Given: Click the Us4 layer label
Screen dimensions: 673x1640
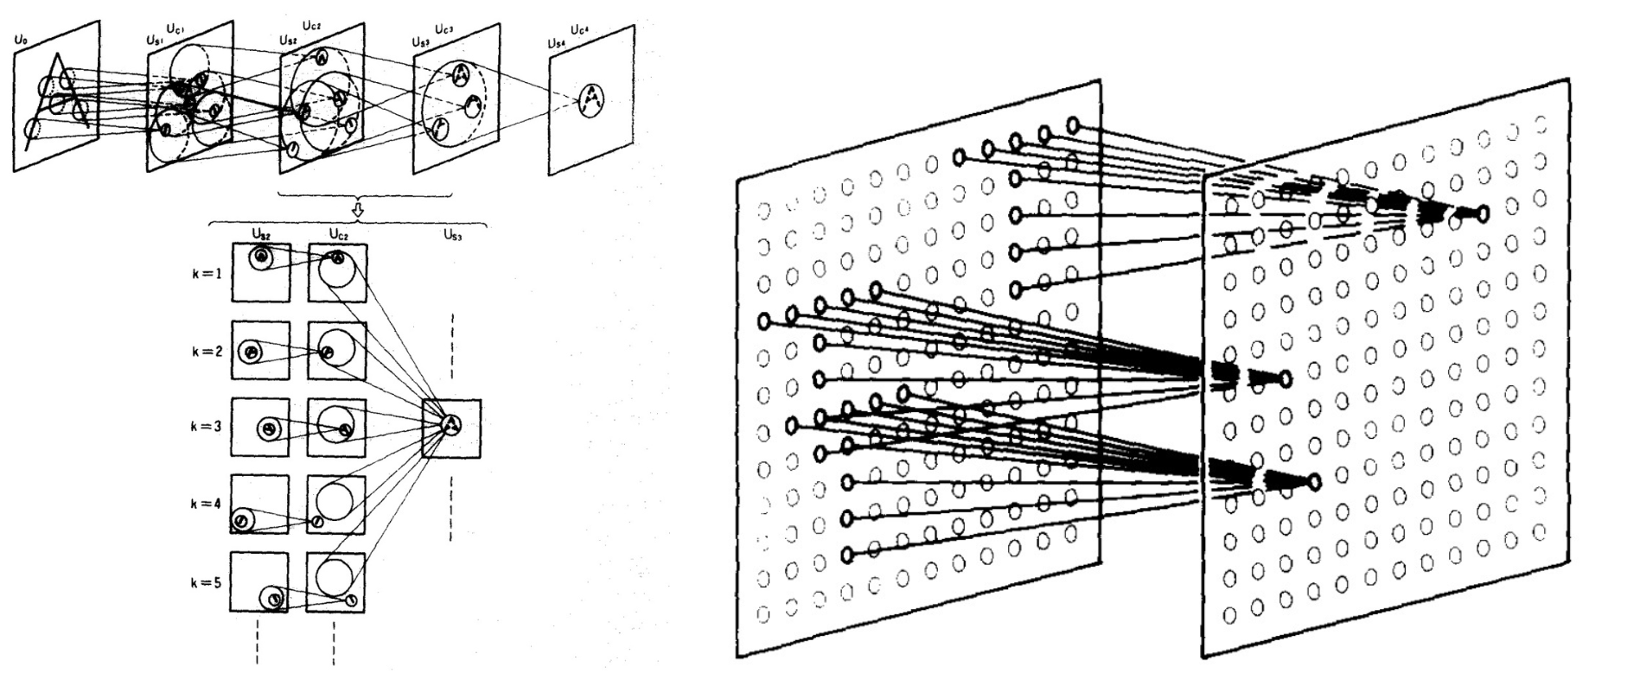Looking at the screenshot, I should pos(557,42).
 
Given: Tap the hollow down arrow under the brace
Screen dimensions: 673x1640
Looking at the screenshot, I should pos(359,210).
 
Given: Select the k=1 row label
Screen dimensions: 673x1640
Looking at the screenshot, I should pos(207,274).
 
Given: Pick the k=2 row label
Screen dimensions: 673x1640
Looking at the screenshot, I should pos(207,352).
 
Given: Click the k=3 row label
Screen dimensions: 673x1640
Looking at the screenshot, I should pos(207,427).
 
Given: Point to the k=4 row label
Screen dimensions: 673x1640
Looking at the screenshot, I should pos(207,504).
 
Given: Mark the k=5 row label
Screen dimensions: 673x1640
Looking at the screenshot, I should pos(207,582).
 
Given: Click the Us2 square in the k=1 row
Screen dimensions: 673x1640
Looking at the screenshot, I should pos(260,272).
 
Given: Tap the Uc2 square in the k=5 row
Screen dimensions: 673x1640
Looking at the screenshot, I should pos(336,582).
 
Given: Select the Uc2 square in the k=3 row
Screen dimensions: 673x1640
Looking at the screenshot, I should pos(337,427).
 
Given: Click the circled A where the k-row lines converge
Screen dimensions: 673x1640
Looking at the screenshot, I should pos(451,424).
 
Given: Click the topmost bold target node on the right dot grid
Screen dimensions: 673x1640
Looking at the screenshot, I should pos(1482,213).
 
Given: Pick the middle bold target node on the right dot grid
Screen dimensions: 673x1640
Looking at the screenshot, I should pos(1286,378).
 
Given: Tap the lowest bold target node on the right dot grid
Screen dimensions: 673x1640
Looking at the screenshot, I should pos(1314,481).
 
